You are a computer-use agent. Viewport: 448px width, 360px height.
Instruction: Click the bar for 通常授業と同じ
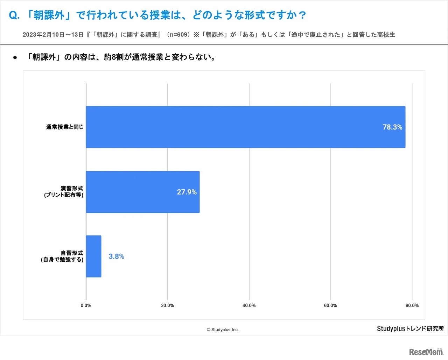tap(245, 127)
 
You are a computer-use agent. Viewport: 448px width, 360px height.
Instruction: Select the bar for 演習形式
tap(142, 192)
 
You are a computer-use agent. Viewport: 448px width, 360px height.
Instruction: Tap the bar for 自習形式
tap(93, 256)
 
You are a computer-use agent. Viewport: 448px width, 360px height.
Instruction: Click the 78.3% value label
tap(392, 127)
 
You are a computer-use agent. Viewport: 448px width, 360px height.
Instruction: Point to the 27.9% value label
tap(187, 192)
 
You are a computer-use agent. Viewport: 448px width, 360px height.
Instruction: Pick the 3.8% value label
tap(116, 256)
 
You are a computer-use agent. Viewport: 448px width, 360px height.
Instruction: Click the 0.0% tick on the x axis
tap(86, 305)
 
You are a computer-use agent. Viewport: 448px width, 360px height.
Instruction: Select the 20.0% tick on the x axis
tap(167, 305)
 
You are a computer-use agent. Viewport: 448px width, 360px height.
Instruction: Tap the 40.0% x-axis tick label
tap(249, 305)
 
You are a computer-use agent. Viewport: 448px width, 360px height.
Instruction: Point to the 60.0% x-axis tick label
tap(330, 305)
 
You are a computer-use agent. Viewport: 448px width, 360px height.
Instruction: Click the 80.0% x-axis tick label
tap(412, 305)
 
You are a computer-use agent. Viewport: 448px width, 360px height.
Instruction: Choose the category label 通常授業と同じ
tap(65, 127)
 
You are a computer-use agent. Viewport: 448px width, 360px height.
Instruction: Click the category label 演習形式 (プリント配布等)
tap(64, 192)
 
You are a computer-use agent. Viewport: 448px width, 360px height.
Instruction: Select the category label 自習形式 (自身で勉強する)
tap(62, 256)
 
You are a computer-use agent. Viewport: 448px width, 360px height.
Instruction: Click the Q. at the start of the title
tap(14, 15)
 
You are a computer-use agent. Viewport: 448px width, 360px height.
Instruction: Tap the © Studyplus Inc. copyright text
tap(223, 330)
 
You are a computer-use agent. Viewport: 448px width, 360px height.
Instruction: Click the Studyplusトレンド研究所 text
tap(410, 329)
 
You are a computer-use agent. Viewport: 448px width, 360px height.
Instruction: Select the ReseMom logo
tap(426, 352)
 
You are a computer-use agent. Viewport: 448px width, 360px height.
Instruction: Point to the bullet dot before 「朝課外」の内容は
tap(15, 57)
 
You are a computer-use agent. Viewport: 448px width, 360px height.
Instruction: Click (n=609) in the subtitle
tap(178, 35)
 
